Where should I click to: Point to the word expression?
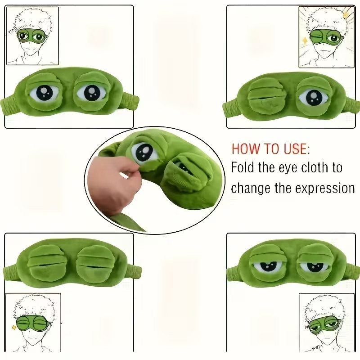click(324, 189)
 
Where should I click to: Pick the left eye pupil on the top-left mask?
click(44, 93)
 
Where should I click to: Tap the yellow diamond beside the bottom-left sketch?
click(14, 327)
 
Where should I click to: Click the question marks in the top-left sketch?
click(12, 31)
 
